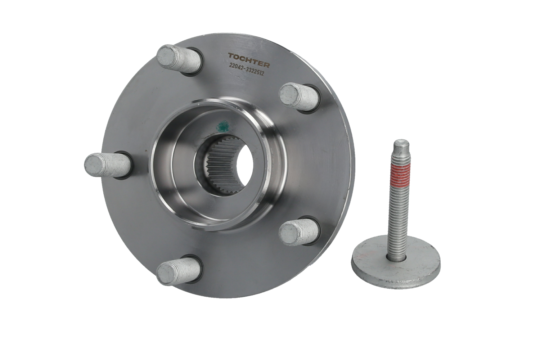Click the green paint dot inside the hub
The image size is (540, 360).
[x=223, y=126]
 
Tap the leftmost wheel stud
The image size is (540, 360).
[x=108, y=166]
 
